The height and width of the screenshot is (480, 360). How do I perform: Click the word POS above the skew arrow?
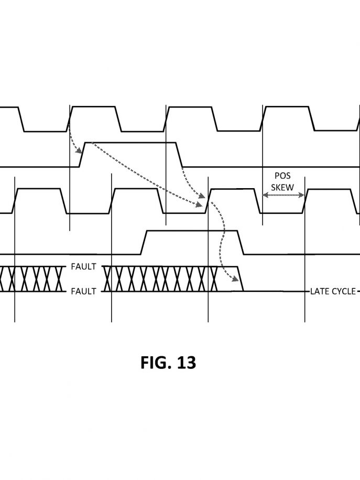282,176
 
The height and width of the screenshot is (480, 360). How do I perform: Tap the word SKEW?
282,188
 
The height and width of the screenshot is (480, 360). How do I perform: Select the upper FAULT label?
83,267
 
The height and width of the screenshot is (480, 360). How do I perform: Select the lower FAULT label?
83,291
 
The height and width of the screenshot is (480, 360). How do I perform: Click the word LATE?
319,291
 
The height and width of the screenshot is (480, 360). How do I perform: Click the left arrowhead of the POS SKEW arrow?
266,195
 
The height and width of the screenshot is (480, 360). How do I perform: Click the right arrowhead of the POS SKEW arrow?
301,195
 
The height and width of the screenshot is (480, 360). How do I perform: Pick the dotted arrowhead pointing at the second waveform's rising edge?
79,150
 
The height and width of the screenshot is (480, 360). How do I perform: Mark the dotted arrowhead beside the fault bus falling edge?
235,279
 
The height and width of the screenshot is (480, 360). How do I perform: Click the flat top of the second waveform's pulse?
130,143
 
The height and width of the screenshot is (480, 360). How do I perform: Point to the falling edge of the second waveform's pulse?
179,155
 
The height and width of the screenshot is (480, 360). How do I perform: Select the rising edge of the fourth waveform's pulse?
144,242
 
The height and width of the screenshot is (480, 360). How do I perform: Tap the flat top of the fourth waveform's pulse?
192,231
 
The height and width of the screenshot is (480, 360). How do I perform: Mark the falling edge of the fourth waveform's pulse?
241,242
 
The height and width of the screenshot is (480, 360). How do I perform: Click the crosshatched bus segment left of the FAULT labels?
32,279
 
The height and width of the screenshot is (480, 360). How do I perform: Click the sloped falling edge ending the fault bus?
241,279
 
